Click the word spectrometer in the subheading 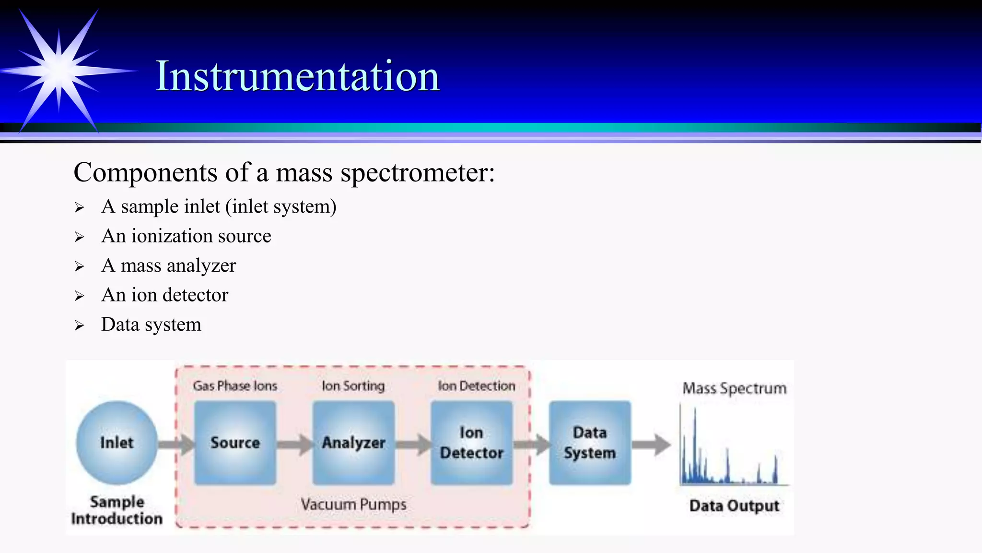coord(417,173)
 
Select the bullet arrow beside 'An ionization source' coord(79,237)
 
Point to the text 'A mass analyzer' coord(169,265)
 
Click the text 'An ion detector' coord(165,295)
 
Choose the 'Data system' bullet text coord(151,325)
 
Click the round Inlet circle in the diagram coord(117,443)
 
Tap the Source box coord(235,443)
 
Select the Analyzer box coord(353,443)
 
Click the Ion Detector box coord(472,443)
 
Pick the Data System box coord(590,443)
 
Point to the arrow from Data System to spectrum coord(651,445)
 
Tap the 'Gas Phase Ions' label coord(235,386)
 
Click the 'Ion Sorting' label coord(353,386)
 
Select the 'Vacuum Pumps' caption coord(353,505)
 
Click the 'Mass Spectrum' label coord(734,388)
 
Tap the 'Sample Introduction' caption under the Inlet coord(117,510)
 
